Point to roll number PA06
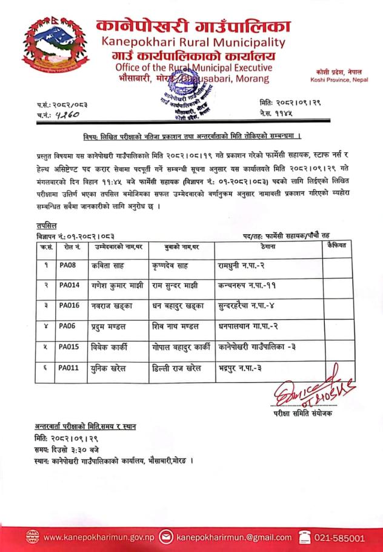[x=67, y=326]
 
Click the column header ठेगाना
[x=265, y=246]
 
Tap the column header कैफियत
[x=335, y=245]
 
